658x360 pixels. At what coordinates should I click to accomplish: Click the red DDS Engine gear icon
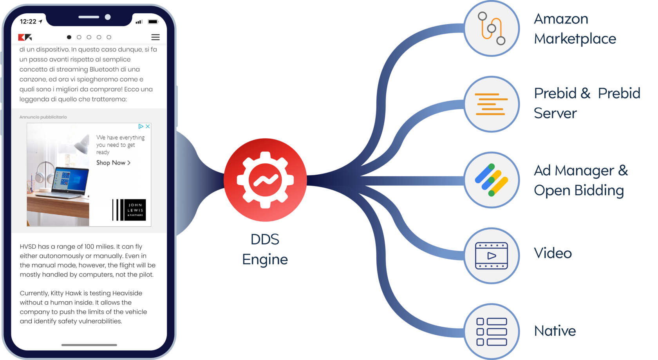265,180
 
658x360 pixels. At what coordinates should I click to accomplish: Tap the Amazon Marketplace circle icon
492,29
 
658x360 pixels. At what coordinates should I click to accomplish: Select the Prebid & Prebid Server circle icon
492,104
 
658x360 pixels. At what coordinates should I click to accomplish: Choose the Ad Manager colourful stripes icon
492,180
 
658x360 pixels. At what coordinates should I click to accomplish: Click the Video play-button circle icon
492,256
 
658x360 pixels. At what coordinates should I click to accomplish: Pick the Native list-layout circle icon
492,331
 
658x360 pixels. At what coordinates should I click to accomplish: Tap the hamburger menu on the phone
155,37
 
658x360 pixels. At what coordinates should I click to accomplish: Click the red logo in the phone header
25,37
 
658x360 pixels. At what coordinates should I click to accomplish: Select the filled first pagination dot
69,37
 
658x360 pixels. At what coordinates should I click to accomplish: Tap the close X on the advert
148,127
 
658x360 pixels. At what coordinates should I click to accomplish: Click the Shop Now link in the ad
113,163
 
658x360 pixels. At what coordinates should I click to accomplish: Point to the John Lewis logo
129,210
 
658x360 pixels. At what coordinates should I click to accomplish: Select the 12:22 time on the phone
28,22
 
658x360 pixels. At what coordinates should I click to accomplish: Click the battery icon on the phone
153,22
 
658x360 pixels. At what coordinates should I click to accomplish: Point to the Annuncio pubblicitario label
43,117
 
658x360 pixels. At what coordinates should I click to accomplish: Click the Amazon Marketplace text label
575,29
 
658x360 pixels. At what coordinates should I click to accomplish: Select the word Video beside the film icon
553,253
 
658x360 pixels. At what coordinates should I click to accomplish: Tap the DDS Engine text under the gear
265,250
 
